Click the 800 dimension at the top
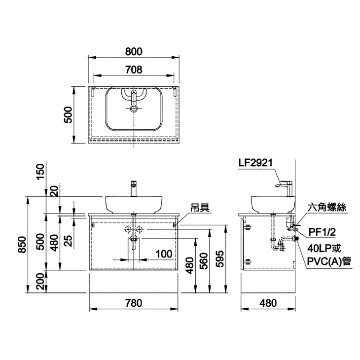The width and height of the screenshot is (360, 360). [134, 52]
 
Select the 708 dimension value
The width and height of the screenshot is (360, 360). [134, 70]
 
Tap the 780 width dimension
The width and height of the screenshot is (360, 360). [134, 303]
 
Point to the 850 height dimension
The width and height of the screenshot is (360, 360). [23, 245]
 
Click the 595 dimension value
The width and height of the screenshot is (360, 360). [220, 259]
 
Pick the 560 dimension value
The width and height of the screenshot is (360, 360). [204, 261]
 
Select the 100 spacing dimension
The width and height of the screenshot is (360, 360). [164, 254]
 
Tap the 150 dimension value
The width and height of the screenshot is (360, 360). [40, 172]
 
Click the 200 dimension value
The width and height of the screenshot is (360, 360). [40, 281]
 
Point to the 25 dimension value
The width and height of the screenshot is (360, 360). [68, 241]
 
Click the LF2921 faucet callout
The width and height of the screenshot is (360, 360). [255, 163]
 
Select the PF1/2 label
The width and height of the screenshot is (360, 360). [322, 232]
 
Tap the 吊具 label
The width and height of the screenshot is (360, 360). [200, 208]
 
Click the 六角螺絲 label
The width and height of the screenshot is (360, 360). [326, 207]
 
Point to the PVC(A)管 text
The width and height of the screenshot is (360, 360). [329, 261]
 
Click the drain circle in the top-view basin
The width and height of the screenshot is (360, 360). [134, 108]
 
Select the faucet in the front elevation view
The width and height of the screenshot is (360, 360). [134, 188]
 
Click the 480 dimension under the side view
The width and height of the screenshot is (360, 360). [268, 303]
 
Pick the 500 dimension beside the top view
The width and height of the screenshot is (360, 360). [68, 115]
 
